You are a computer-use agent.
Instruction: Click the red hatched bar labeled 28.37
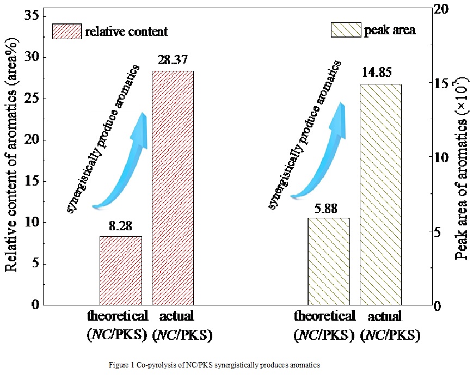click(x=173, y=188)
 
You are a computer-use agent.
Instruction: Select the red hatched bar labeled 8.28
click(x=121, y=271)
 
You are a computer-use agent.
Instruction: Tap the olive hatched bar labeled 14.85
click(x=380, y=194)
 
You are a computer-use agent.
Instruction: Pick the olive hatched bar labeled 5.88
click(x=329, y=261)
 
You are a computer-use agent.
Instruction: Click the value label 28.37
click(x=173, y=59)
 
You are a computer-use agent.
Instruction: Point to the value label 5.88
click(x=329, y=208)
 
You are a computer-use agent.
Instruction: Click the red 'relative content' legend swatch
click(x=66, y=32)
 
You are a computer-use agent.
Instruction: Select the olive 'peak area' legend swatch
click(x=346, y=29)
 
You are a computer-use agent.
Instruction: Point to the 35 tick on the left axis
click(x=32, y=16)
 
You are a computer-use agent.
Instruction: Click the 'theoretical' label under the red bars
click(x=117, y=316)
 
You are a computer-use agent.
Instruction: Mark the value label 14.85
click(x=380, y=73)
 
